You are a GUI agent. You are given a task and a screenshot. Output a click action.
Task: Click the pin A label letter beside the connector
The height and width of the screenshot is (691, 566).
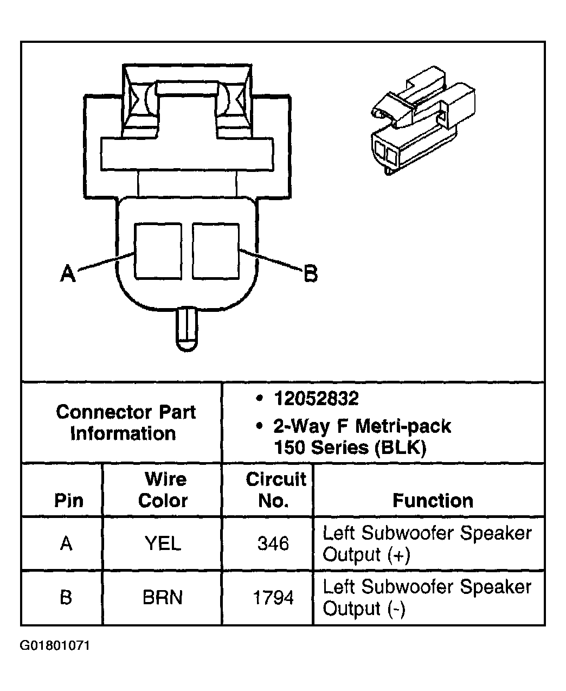(67, 273)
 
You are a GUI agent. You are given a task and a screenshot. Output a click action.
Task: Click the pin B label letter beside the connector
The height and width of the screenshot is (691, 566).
(310, 273)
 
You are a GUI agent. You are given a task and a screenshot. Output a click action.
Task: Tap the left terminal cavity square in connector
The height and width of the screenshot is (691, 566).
(158, 251)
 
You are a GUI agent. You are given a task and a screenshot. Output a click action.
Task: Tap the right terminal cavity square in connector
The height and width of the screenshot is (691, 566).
(215, 251)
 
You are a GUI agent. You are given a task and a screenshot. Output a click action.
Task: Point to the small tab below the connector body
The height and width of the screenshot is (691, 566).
(187, 329)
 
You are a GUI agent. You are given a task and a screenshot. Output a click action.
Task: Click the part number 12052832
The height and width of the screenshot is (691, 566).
(316, 399)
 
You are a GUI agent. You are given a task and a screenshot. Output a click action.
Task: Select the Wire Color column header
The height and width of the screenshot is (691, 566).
(163, 490)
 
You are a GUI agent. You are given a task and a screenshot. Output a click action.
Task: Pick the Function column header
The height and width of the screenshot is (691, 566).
(432, 500)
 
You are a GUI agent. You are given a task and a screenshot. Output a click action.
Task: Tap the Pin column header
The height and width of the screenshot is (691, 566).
(69, 500)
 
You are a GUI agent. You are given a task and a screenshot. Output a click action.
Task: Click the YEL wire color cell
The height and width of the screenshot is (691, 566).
(163, 543)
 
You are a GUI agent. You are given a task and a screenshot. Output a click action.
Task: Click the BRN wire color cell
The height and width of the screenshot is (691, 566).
(163, 598)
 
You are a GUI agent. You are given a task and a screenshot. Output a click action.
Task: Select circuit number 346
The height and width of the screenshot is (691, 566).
(273, 543)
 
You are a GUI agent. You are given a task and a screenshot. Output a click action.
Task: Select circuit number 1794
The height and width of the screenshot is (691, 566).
(273, 598)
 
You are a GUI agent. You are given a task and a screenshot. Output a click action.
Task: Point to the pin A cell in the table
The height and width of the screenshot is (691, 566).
(66, 543)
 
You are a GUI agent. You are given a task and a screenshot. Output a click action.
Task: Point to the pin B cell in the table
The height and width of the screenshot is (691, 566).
(66, 598)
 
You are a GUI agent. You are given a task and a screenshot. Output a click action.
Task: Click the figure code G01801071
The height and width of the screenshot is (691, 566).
(55, 646)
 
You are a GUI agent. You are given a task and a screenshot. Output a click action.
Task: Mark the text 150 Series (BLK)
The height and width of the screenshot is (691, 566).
(350, 447)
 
